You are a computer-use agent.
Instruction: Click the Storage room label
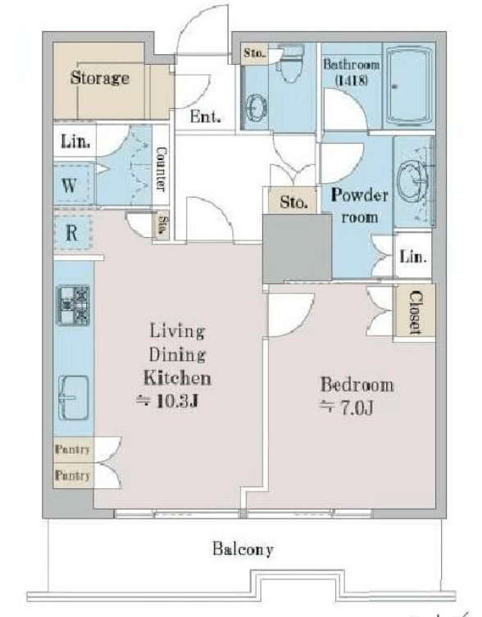100,77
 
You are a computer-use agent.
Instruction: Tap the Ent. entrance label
205,117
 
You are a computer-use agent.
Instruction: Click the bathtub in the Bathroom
408,86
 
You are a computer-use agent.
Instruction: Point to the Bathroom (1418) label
352,71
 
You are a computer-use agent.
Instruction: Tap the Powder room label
359,206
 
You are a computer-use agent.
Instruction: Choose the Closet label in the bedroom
415,313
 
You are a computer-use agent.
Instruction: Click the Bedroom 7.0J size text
347,409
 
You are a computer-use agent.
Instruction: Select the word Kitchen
177,377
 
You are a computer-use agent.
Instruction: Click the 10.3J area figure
166,401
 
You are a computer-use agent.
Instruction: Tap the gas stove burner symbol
74,306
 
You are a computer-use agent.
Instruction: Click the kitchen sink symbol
74,398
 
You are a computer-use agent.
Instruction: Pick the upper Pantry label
72,449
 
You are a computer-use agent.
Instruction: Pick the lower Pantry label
72,475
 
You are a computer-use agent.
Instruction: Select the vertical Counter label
161,169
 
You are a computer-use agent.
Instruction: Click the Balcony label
243,549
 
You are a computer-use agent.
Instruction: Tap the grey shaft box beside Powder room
298,248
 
